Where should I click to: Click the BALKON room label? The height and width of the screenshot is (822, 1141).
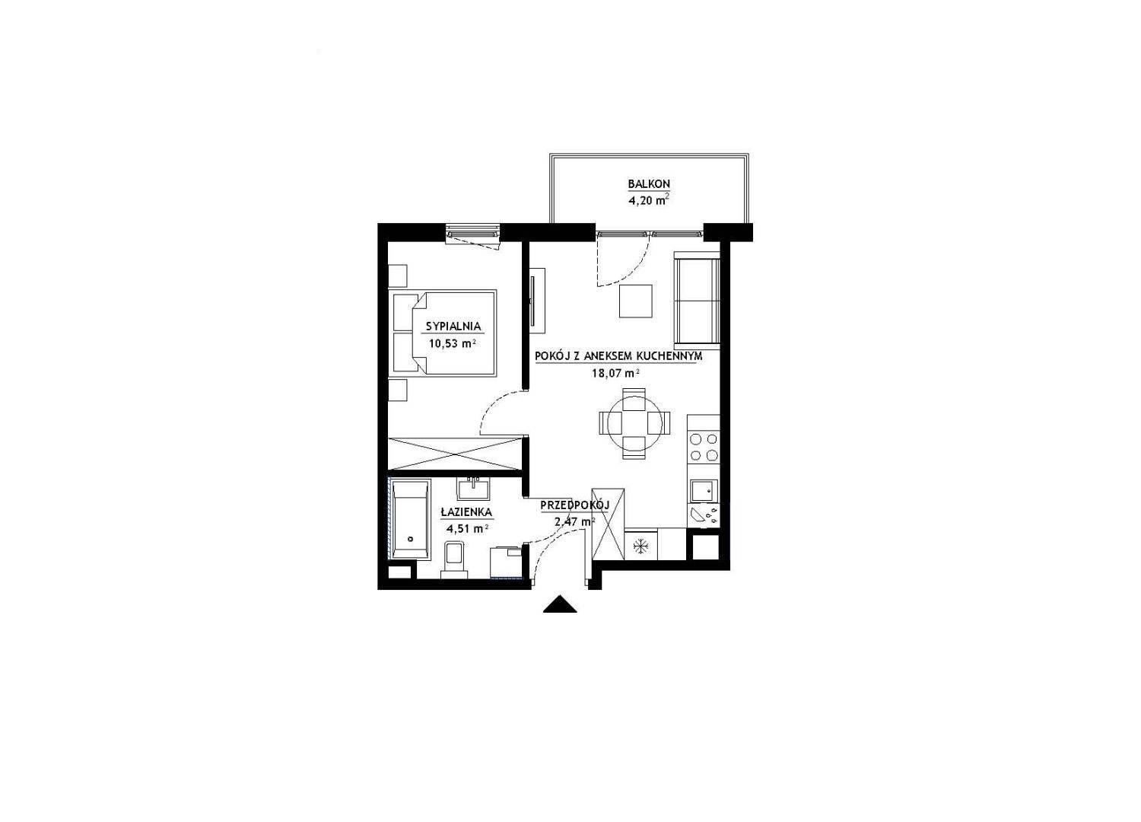click(x=648, y=183)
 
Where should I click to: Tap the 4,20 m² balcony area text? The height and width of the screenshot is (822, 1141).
click(x=648, y=199)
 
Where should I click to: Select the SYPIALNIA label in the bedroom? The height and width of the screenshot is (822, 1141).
click(x=453, y=327)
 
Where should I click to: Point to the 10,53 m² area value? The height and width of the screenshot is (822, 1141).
click(x=453, y=343)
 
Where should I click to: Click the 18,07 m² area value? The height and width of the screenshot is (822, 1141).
click(x=615, y=373)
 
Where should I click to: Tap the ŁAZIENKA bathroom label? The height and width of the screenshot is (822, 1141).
click(x=466, y=511)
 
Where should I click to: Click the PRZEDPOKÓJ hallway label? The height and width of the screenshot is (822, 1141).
click(x=575, y=505)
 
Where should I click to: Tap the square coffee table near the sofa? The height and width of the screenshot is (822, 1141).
click(x=636, y=301)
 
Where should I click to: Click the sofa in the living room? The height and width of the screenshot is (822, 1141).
click(x=696, y=300)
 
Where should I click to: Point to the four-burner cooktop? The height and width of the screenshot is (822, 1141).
click(x=704, y=448)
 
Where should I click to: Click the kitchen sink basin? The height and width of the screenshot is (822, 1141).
click(x=704, y=491)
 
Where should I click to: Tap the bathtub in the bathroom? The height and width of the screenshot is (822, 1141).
click(x=410, y=520)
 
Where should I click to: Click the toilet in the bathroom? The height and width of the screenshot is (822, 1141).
click(x=454, y=560)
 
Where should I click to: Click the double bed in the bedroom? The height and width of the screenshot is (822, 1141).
click(x=444, y=333)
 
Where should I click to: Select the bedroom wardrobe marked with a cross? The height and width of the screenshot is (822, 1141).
click(x=456, y=453)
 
